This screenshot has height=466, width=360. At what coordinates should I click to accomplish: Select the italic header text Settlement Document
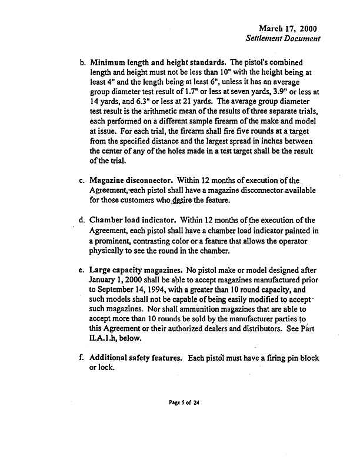tap(283, 39)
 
